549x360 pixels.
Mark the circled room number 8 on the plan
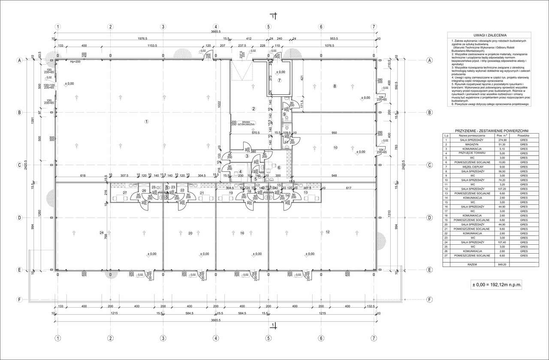334,87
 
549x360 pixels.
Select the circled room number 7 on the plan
279,80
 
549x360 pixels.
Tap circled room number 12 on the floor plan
327,232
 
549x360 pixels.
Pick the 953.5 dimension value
338,38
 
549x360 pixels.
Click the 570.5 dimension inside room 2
256,132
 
